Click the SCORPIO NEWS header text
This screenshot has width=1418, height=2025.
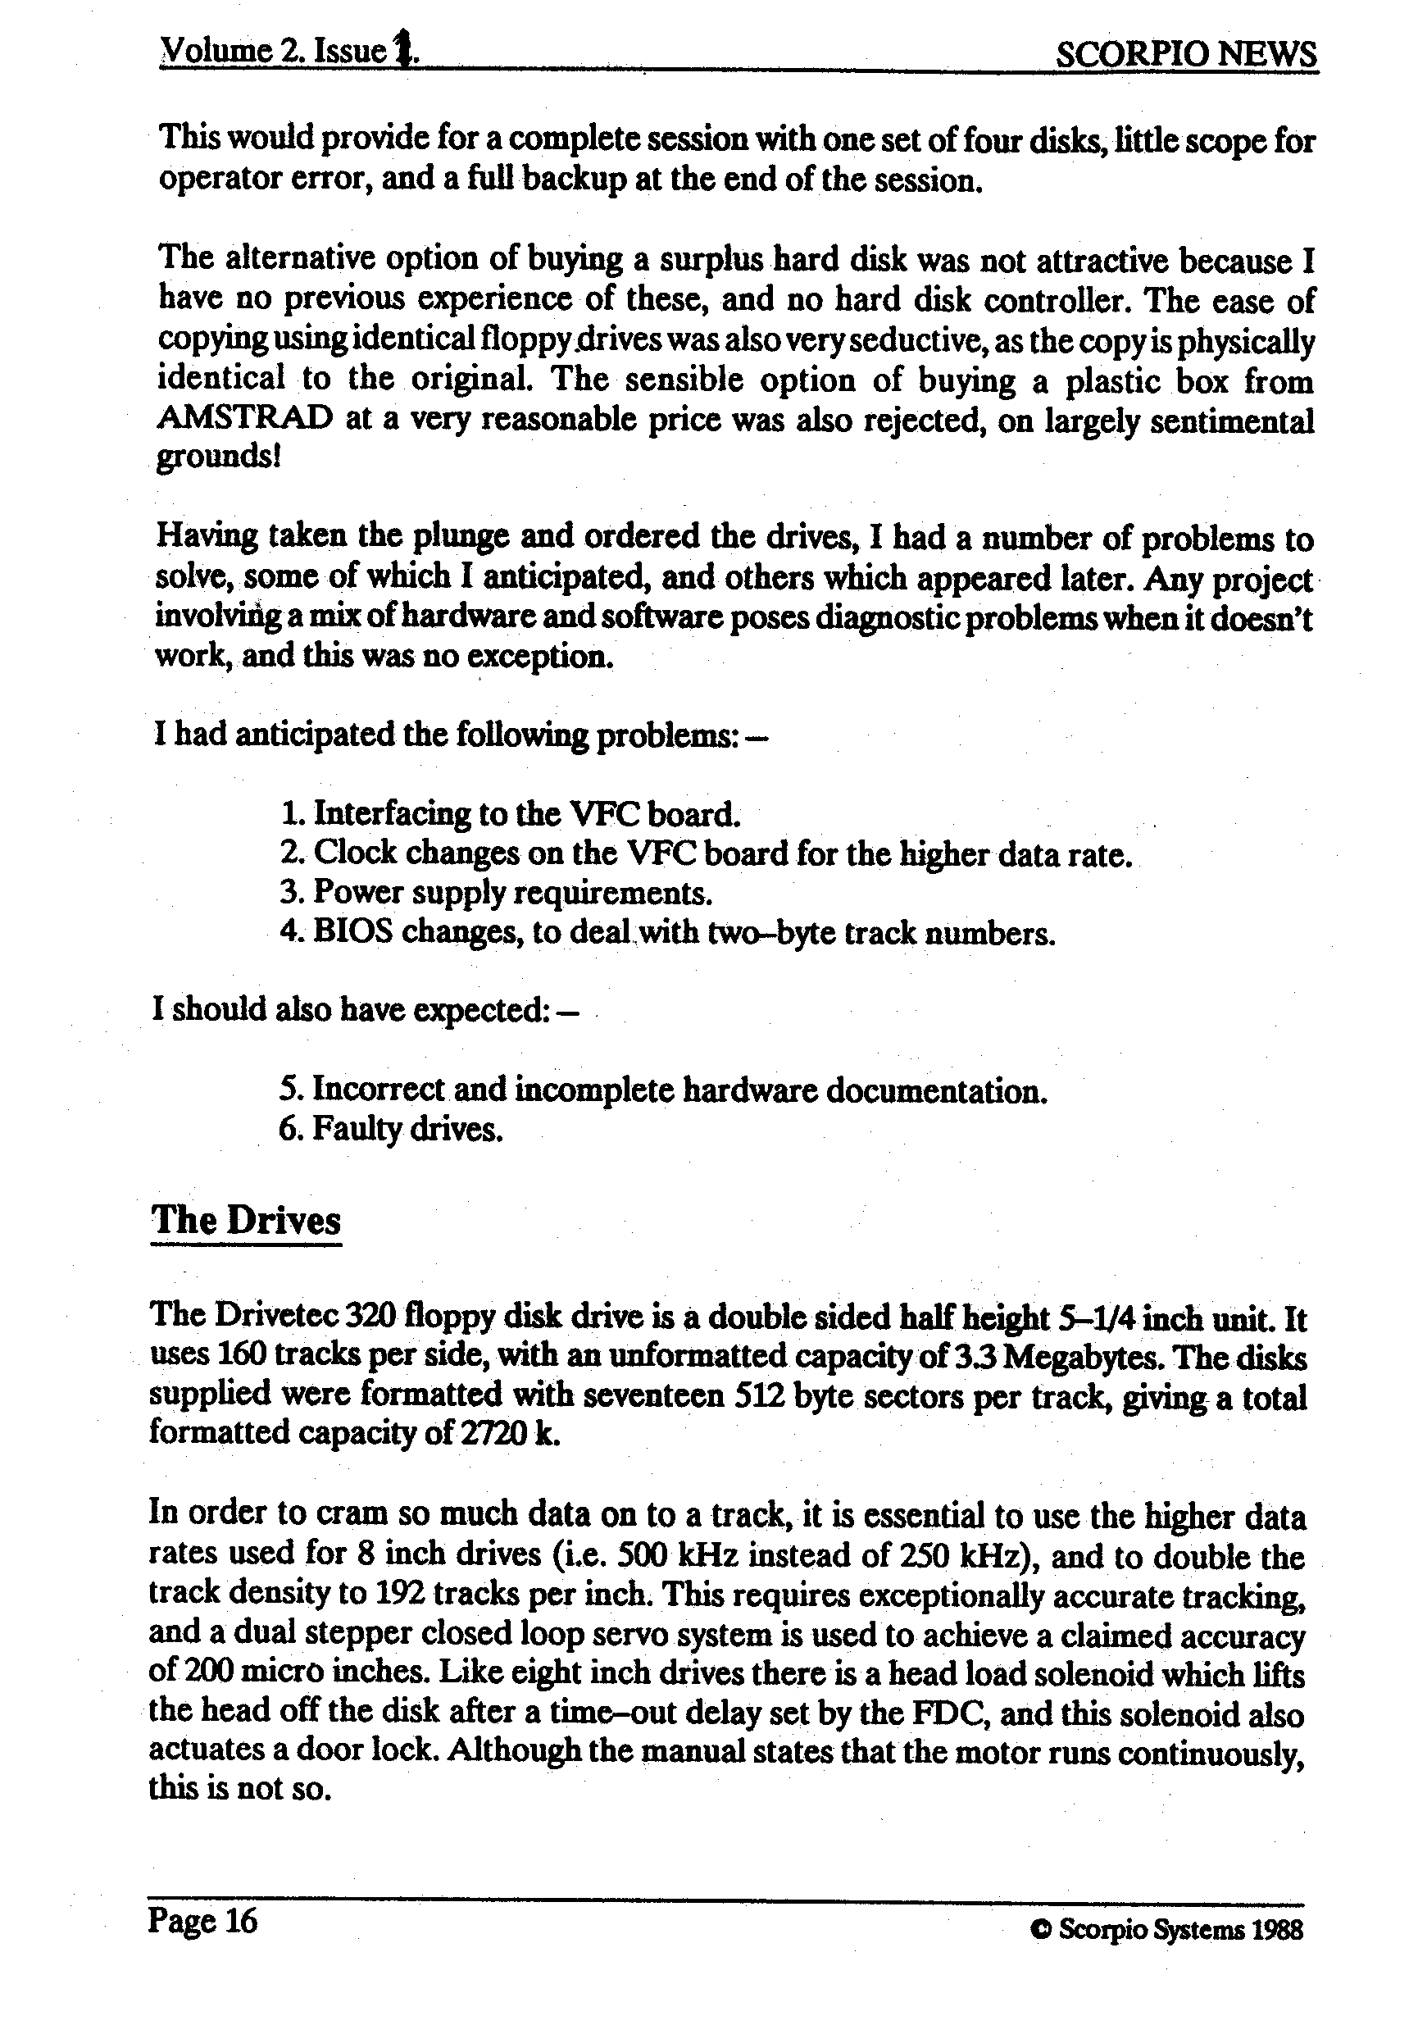click(1185, 55)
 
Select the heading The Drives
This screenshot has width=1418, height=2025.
click(246, 1221)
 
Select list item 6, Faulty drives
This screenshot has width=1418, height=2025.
click(391, 1129)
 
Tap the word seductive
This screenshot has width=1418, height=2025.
click(946, 340)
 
